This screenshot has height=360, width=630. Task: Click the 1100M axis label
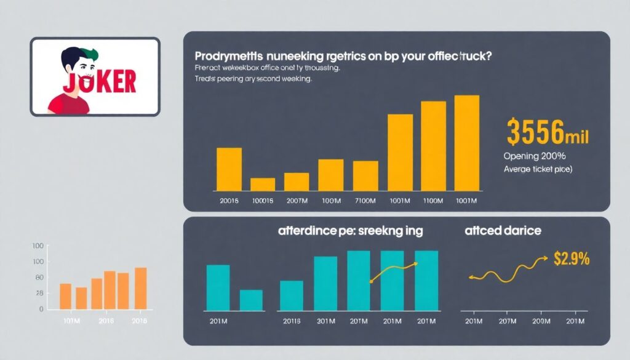[x=433, y=201]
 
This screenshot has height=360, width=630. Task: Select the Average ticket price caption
[x=538, y=169]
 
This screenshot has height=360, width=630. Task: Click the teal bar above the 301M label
[x=325, y=283]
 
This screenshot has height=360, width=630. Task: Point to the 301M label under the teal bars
[x=326, y=321]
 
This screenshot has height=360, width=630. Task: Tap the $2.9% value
[x=572, y=259]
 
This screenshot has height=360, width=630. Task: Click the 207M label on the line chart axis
[x=508, y=321]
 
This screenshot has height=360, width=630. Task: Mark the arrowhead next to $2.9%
[x=546, y=258]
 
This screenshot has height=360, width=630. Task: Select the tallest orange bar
[x=141, y=288]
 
